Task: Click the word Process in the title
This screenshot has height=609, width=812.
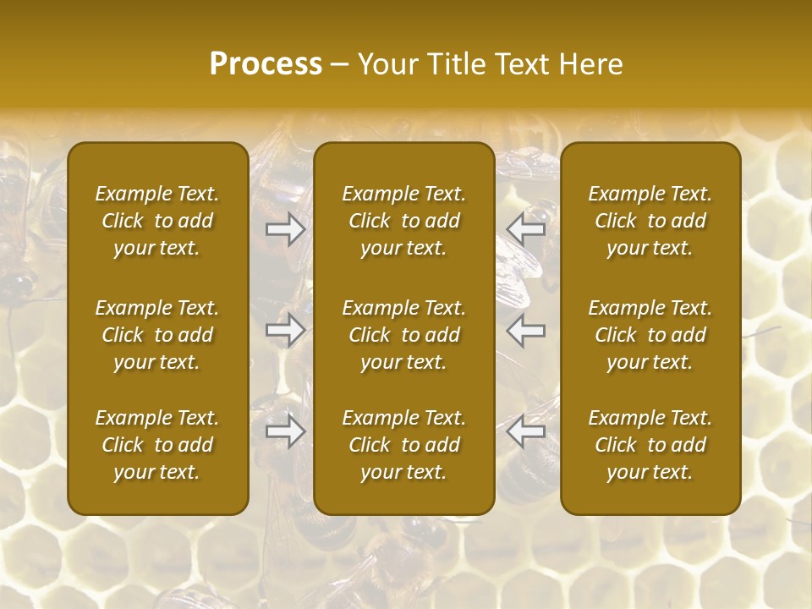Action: click(266, 64)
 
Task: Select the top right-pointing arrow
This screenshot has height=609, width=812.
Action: click(285, 229)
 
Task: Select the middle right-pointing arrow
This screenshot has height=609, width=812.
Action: click(285, 330)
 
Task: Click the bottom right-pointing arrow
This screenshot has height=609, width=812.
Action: click(285, 431)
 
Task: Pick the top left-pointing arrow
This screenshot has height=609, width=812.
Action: click(525, 229)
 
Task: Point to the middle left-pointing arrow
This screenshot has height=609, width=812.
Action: click(525, 330)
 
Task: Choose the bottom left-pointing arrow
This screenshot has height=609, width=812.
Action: click(525, 431)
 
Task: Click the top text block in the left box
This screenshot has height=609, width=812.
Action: click(157, 221)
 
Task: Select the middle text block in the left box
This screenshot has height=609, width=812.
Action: click(157, 335)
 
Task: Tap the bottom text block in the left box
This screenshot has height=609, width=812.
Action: click(157, 445)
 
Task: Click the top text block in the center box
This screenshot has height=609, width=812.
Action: click(403, 221)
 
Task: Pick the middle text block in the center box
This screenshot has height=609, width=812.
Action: click(403, 335)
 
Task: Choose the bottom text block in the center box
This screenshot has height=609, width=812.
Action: click(403, 445)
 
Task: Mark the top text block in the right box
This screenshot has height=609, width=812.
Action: click(650, 221)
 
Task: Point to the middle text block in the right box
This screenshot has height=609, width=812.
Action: click(650, 335)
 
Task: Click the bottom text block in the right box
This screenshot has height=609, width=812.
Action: click(650, 445)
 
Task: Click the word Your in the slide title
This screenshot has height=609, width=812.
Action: click(386, 64)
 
